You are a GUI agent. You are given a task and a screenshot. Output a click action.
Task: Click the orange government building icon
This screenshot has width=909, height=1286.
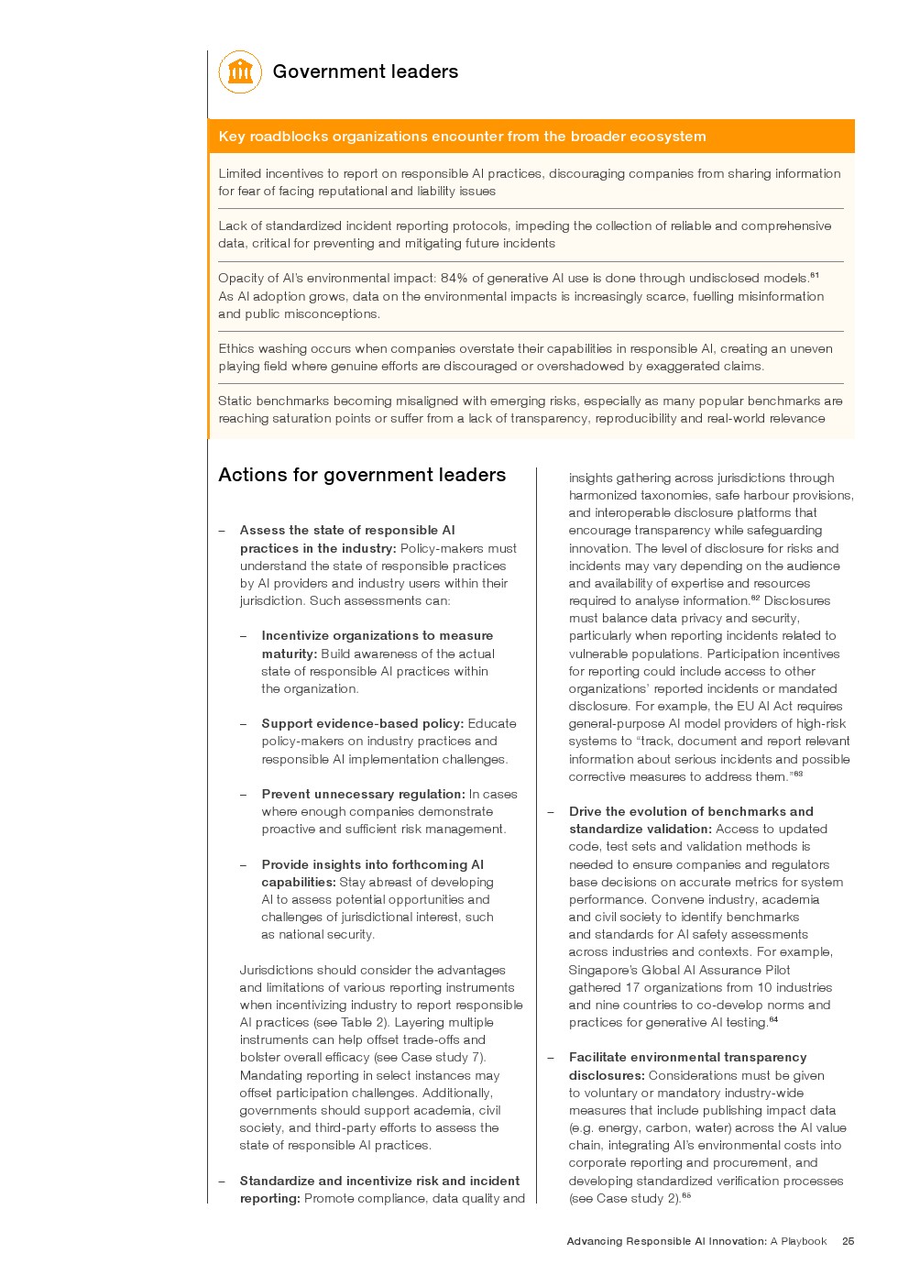(x=240, y=71)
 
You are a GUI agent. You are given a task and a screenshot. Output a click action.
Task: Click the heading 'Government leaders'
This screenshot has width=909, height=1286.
(x=365, y=71)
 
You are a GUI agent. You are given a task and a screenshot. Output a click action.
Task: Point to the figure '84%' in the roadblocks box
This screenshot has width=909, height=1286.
(x=454, y=278)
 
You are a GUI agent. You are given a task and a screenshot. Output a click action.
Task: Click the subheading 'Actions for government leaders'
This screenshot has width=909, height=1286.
(x=362, y=475)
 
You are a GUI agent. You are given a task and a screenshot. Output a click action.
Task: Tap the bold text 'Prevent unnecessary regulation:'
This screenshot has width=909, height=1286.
(x=363, y=794)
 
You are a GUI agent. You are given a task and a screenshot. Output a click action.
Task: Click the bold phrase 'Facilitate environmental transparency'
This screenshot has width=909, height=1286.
(x=687, y=1057)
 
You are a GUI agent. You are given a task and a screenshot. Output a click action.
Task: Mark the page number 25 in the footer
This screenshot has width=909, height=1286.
(x=848, y=1241)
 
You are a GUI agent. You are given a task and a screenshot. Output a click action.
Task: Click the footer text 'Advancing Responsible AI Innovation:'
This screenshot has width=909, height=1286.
(x=666, y=1241)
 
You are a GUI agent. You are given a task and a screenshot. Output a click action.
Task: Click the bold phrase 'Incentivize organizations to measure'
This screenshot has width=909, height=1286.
(x=377, y=635)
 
